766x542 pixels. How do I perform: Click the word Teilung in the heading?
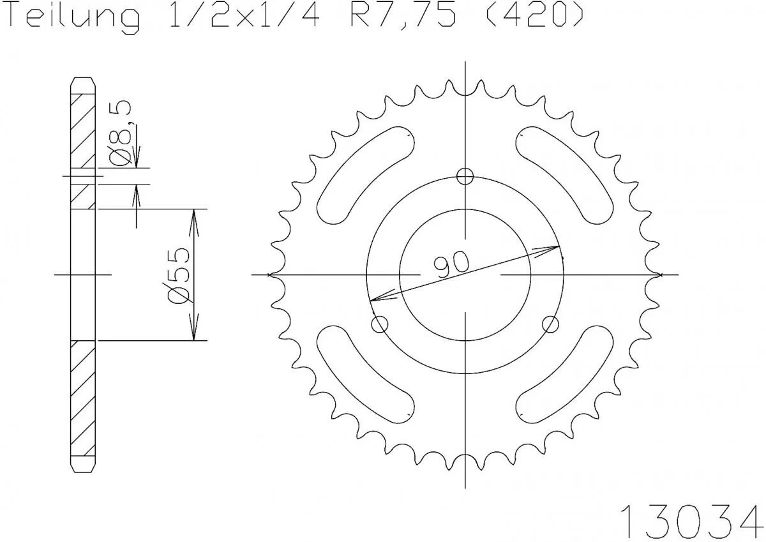pyautogui.click(x=73, y=17)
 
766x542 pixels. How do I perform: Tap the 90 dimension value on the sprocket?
pyautogui.click(x=452, y=264)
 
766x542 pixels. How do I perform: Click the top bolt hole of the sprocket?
pyautogui.click(x=466, y=176)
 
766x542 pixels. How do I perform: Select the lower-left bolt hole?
pyautogui.click(x=380, y=324)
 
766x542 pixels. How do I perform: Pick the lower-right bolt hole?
pyautogui.click(x=550, y=324)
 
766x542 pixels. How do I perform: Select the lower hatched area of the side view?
pyautogui.click(x=82, y=399)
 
